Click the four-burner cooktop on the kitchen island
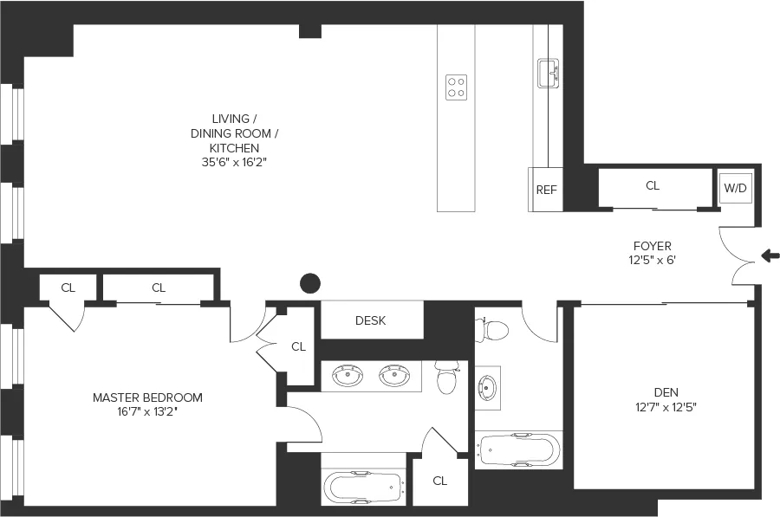point(456,87)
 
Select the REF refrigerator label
point(546,191)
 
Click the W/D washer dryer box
point(735,187)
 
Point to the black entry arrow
point(770,255)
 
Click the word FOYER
point(652,246)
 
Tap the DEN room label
point(666,391)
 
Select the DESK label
point(371,320)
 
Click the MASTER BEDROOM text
point(147,397)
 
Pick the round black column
point(309,282)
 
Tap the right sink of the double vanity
point(396,376)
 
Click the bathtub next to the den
point(519,450)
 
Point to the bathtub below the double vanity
point(364,487)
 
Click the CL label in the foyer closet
point(653,185)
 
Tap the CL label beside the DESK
point(298,346)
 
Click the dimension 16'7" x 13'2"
point(147,411)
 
